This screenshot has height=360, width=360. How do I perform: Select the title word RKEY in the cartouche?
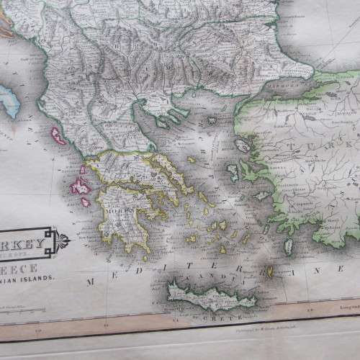coord(22,233)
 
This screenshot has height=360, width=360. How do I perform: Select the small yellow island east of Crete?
coord(270,272)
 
